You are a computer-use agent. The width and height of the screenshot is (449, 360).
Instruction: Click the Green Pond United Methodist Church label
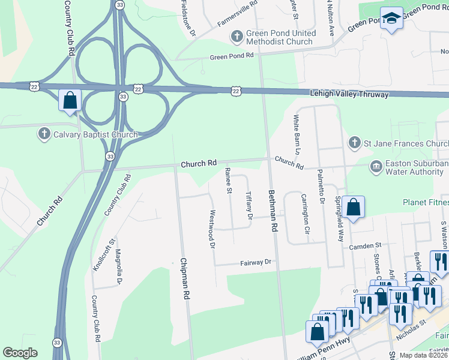279,38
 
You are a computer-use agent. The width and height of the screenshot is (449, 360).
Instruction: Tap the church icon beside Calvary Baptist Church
44,134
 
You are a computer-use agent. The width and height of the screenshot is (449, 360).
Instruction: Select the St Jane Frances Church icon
354,143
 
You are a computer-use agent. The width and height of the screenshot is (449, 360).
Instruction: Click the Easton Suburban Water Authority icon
376,166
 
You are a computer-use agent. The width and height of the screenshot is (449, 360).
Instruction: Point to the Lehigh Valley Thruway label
349,94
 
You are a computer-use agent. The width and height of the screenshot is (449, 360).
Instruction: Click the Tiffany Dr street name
249,205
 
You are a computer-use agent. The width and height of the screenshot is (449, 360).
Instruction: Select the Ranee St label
228,181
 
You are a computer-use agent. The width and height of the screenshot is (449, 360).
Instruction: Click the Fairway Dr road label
256,262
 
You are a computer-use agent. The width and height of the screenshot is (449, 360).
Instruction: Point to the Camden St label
366,245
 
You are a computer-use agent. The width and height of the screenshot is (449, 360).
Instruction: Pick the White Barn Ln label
297,131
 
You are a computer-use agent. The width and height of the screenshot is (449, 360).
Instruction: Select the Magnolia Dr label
119,266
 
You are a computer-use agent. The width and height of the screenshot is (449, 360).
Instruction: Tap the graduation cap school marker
392,19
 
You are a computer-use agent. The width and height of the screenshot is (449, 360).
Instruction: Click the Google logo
20,353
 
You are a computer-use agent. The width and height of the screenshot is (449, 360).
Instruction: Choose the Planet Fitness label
425,202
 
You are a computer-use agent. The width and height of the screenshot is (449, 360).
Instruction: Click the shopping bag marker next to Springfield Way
354,207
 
